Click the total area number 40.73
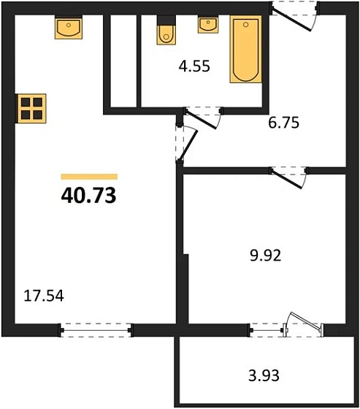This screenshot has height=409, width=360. (88, 196)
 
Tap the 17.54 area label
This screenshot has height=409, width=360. (44, 296)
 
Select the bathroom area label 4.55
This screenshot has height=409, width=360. (194, 66)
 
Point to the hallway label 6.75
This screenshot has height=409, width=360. (283, 123)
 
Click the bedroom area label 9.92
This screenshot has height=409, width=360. (266, 256)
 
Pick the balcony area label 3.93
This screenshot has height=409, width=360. (264, 375)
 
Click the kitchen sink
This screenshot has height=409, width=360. (69, 27)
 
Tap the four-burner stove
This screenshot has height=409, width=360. (32, 108)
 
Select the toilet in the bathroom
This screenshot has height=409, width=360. (166, 30)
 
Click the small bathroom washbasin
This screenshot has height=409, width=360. (208, 25)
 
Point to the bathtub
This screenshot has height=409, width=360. (246, 49)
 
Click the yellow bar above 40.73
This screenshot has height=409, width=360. (89, 177)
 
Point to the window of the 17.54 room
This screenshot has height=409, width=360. (96, 330)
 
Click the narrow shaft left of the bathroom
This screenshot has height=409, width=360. (123, 61)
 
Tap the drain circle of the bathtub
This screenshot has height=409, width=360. (245, 25)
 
